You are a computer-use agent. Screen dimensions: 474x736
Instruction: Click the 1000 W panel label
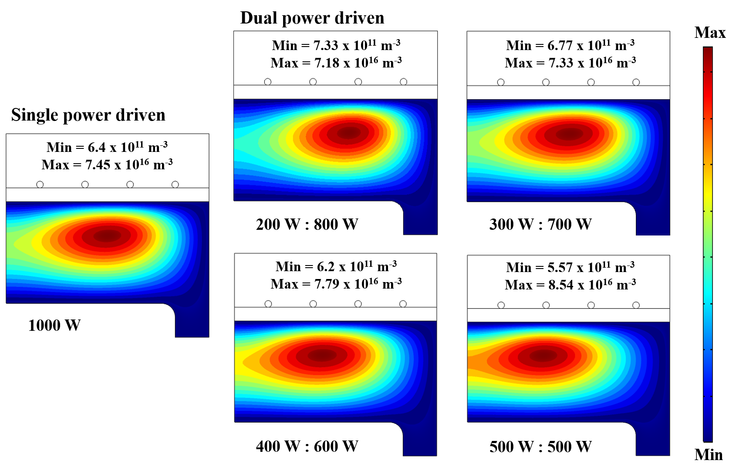(x=54, y=325)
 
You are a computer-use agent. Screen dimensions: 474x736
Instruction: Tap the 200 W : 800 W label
(x=307, y=224)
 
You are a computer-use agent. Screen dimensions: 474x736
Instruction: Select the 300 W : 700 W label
(x=540, y=224)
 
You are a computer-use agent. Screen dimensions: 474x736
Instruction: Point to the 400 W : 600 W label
(x=307, y=446)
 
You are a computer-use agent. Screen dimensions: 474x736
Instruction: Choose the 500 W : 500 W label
(x=540, y=447)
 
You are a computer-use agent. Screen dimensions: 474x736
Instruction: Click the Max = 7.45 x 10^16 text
(x=107, y=165)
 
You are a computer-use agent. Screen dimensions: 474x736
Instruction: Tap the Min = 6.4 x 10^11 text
(x=107, y=147)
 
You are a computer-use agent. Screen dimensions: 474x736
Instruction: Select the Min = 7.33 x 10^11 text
(x=336, y=45)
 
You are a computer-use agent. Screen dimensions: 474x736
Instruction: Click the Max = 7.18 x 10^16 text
(x=336, y=63)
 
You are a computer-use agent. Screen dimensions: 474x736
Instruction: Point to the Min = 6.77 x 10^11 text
(x=570, y=45)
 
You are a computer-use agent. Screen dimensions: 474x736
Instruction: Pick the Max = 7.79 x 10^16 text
(x=336, y=284)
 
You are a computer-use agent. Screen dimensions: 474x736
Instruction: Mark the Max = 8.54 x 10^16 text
(x=570, y=285)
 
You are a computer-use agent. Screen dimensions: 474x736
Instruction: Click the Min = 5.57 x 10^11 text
(x=570, y=267)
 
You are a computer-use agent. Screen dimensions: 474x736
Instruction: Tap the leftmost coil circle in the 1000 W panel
(x=40, y=185)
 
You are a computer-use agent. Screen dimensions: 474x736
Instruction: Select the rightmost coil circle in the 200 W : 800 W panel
(x=403, y=82)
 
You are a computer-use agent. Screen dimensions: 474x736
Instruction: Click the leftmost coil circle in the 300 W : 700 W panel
(x=501, y=82)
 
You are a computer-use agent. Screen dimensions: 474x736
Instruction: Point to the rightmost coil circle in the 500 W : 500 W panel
(x=636, y=305)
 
